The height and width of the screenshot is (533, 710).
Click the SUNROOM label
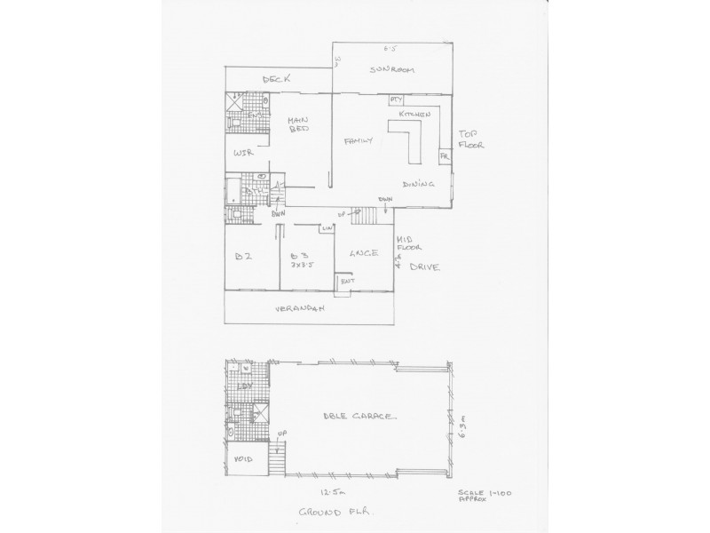[394, 71]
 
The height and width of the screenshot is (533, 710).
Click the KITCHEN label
[414, 115]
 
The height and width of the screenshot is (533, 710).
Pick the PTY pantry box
[398, 100]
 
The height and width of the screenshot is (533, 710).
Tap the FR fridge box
[445, 157]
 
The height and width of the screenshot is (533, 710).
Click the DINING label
[417, 185]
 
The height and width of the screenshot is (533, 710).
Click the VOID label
[241, 460]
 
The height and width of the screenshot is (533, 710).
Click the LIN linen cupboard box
[327, 230]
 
